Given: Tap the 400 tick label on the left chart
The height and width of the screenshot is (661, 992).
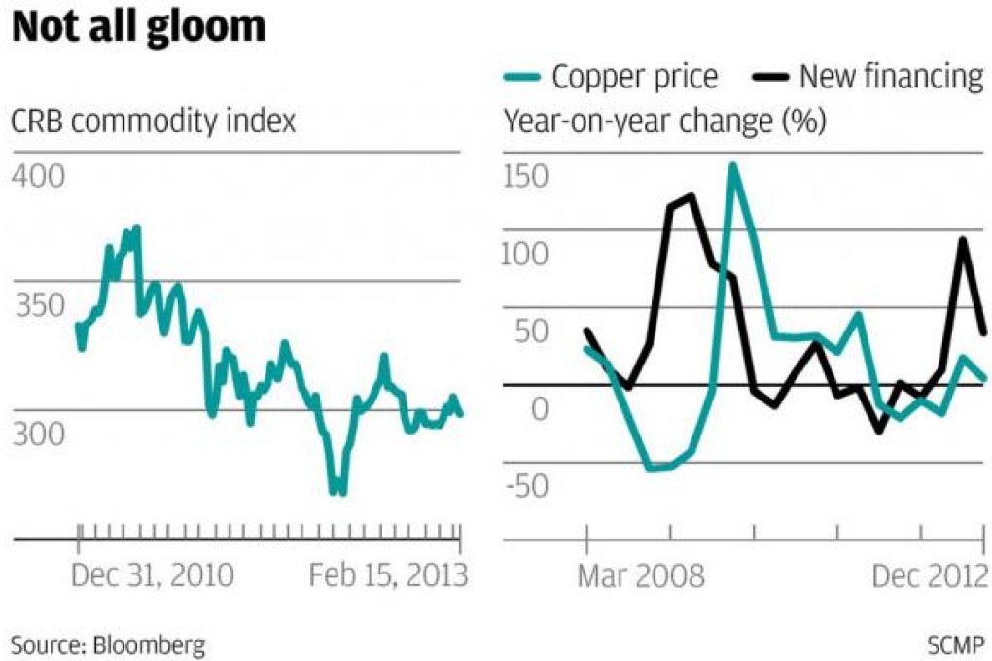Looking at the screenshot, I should [37, 178].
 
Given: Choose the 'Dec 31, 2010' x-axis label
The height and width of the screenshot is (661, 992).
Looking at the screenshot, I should [153, 575].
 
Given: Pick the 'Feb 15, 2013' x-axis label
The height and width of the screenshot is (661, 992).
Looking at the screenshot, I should [388, 575].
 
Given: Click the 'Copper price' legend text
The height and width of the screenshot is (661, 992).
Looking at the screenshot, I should [635, 76].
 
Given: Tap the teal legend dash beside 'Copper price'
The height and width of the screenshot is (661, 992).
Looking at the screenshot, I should [522, 76].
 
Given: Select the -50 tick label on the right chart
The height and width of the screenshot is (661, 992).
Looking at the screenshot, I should [525, 483].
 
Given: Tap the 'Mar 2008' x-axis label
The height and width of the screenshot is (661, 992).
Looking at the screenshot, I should [641, 576].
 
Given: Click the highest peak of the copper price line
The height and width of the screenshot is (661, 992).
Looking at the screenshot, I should [733, 165].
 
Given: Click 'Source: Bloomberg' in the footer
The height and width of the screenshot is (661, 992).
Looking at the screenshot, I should [108, 643].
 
